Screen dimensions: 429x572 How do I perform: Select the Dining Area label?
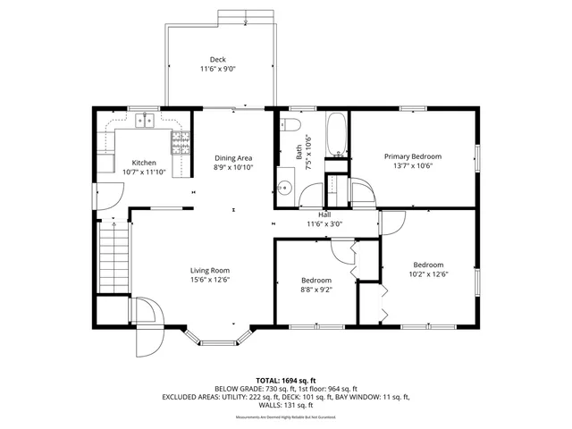(232, 158)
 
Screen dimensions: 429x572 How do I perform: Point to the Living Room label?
(210, 271)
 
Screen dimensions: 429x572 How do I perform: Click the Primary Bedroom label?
(413, 156)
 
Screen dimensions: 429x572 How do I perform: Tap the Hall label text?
(324, 215)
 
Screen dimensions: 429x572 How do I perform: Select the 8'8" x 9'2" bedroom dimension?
(317, 289)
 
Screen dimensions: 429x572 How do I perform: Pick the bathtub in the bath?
(336, 135)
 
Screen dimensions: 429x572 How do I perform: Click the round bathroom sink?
(284, 188)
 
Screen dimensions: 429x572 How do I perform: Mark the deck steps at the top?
(247, 17)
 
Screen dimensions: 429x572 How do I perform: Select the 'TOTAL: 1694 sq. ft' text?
(285, 380)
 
